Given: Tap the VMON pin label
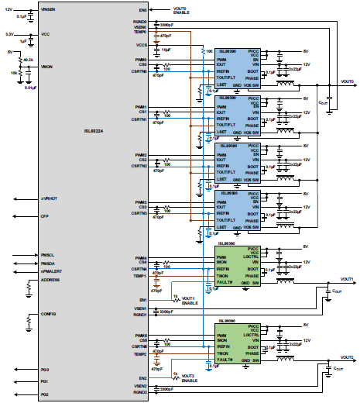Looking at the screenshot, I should (47, 67).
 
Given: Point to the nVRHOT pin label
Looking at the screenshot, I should (49, 199).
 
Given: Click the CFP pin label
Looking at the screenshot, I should (45, 216).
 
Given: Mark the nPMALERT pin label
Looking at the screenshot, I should (51, 272).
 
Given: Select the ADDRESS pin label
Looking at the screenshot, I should (50, 281).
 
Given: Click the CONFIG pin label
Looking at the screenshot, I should (49, 314).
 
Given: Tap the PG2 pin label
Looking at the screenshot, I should (45, 394).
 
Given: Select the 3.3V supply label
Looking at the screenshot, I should (9, 35).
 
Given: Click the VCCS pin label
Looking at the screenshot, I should (139, 46).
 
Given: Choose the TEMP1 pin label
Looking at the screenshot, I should (139, 276).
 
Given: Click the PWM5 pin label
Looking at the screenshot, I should (140, 336).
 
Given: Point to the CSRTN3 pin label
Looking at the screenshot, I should (139, 212).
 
